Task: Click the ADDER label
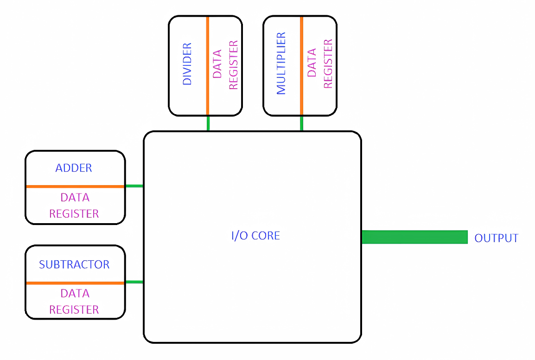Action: pyautogui.click(x=74, y=168)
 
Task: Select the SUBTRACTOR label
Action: pyautogui.click(x=74, y=264)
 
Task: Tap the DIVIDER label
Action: pyautogui.click(x=187, y=64)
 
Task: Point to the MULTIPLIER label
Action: pyautogui.click(x=281, y=64)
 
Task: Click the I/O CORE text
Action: pyautogui.click(x=255, y=236)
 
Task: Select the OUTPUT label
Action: pyautogui.click(x=496, y=238)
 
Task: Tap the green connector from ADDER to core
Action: pyautogui.click(x=134, y=186)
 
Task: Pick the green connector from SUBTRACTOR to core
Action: pyautogui.click(x=134, y=282)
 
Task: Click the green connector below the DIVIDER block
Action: pyautogui.click(x=208, y=123)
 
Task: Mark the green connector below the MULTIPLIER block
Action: pyautogui.click(x=302, y=123)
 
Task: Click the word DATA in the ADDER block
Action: pyautogui.click(x=75, y=198)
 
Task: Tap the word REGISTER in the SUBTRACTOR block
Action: pyautogui.click(x=74, y=309)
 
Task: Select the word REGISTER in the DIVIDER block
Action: pyautogui.click(x=233, y=64)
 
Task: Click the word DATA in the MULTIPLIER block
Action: pyautogui.click(x=312, y=63)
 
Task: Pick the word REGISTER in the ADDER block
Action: pyautogui.click(x=74, y=214)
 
